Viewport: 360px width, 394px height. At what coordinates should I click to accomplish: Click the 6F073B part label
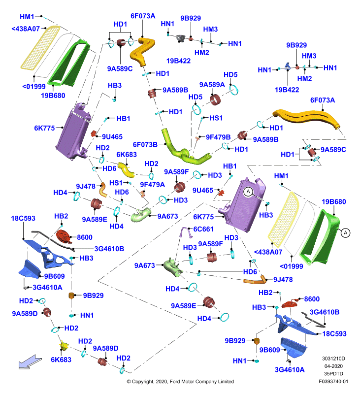[x=145, y=145]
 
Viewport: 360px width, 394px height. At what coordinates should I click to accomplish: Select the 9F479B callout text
[x=218, y=137]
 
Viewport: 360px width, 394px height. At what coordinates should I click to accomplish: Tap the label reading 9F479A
[x=152, y=185]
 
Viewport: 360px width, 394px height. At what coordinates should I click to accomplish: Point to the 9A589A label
[x=212, y=85]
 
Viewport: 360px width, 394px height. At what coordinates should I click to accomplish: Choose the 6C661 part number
[x=203, y=229]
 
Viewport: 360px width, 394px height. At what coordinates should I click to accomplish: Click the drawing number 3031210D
[x=333, y=359]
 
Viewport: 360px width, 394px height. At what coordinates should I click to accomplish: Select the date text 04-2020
[x=333, y=366]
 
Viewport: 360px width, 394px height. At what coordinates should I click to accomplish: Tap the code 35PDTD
[x=333, y=374]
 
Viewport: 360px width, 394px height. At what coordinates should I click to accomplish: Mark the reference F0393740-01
[x=333, y=381]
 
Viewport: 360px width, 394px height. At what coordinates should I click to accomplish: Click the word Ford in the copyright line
[x=175, y=381]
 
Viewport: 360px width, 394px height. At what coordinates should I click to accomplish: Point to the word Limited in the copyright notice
[x=226, y=381]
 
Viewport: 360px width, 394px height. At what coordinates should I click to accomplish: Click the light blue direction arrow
[x=30, y=362]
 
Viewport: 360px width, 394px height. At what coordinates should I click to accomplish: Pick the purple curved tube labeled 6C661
[x=186, y=232]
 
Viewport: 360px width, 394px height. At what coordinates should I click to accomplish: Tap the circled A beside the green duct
[x=345, y=233]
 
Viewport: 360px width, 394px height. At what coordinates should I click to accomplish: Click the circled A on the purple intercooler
[x=248, y=192]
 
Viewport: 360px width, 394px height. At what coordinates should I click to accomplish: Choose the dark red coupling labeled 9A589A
[x=215, y=100]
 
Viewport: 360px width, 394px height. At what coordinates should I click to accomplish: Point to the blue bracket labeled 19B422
[x=288, y=66]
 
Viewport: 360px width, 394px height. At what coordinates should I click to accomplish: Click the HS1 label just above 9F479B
[x=216, y=118]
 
